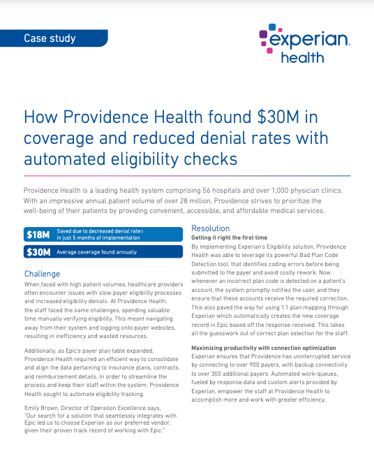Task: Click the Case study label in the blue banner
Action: pos(50,38)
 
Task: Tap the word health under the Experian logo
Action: pos(301,57)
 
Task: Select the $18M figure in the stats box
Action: pos(36,235)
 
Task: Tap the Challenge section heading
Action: pos(43,274)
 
